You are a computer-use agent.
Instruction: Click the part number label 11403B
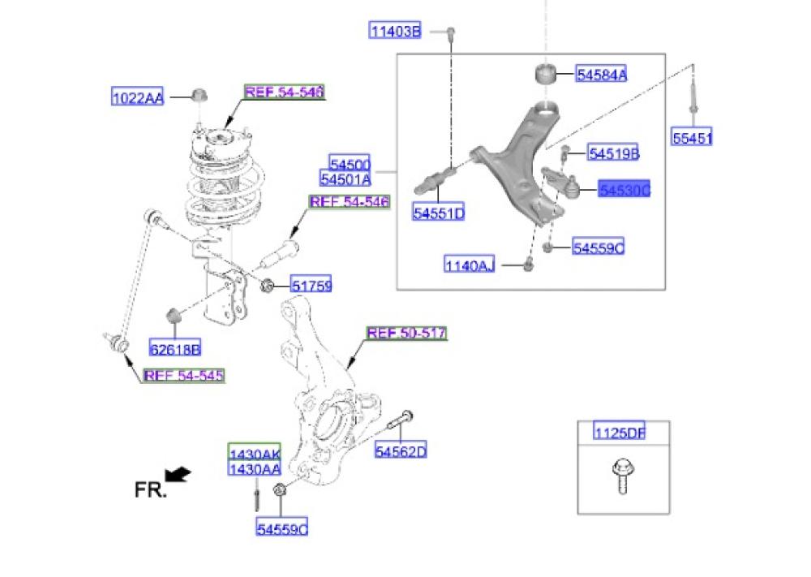tap(395, 32)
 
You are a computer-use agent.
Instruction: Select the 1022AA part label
tap(137, 98)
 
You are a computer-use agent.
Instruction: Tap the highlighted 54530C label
tap(624, 191)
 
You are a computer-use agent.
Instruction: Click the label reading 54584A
tap(602, 75)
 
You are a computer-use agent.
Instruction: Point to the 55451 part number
tap(692, 138)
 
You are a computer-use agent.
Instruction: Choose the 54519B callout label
tap(614, 153)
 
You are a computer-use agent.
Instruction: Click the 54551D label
tap(438, 214)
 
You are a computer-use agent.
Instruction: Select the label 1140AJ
tap(469, 264)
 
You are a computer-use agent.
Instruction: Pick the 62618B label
tap(174, 350)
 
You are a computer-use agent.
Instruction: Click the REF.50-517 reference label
tap(406, 333)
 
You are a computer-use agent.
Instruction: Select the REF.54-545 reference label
tap(182, 375)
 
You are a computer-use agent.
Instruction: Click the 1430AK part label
tap(254, 454)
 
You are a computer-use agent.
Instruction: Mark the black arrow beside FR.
tap(178, 473)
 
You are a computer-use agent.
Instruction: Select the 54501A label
tap(345, 179)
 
